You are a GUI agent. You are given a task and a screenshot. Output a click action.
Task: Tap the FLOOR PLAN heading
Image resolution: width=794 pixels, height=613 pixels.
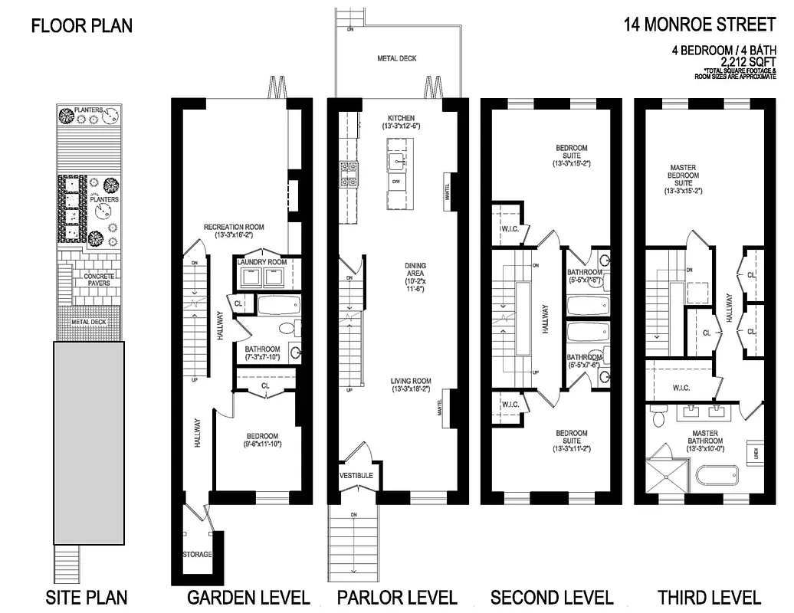coord(81,26)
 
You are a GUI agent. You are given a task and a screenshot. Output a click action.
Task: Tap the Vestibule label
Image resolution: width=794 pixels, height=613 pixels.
coord(356,475)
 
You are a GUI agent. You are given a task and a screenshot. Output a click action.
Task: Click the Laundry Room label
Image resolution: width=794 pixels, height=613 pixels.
coord(262,262)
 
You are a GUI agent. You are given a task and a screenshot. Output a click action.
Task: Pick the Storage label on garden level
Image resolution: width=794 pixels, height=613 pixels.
coord(197,554)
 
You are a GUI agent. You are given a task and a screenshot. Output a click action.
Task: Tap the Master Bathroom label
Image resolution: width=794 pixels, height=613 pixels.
coord(704,438)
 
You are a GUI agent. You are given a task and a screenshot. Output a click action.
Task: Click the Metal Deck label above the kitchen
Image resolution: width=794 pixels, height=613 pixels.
coord(397,58)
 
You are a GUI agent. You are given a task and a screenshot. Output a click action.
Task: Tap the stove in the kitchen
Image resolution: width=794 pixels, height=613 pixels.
coord(349,175)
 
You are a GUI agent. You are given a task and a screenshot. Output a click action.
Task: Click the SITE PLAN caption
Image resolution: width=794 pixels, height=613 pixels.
coord(87,597)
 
